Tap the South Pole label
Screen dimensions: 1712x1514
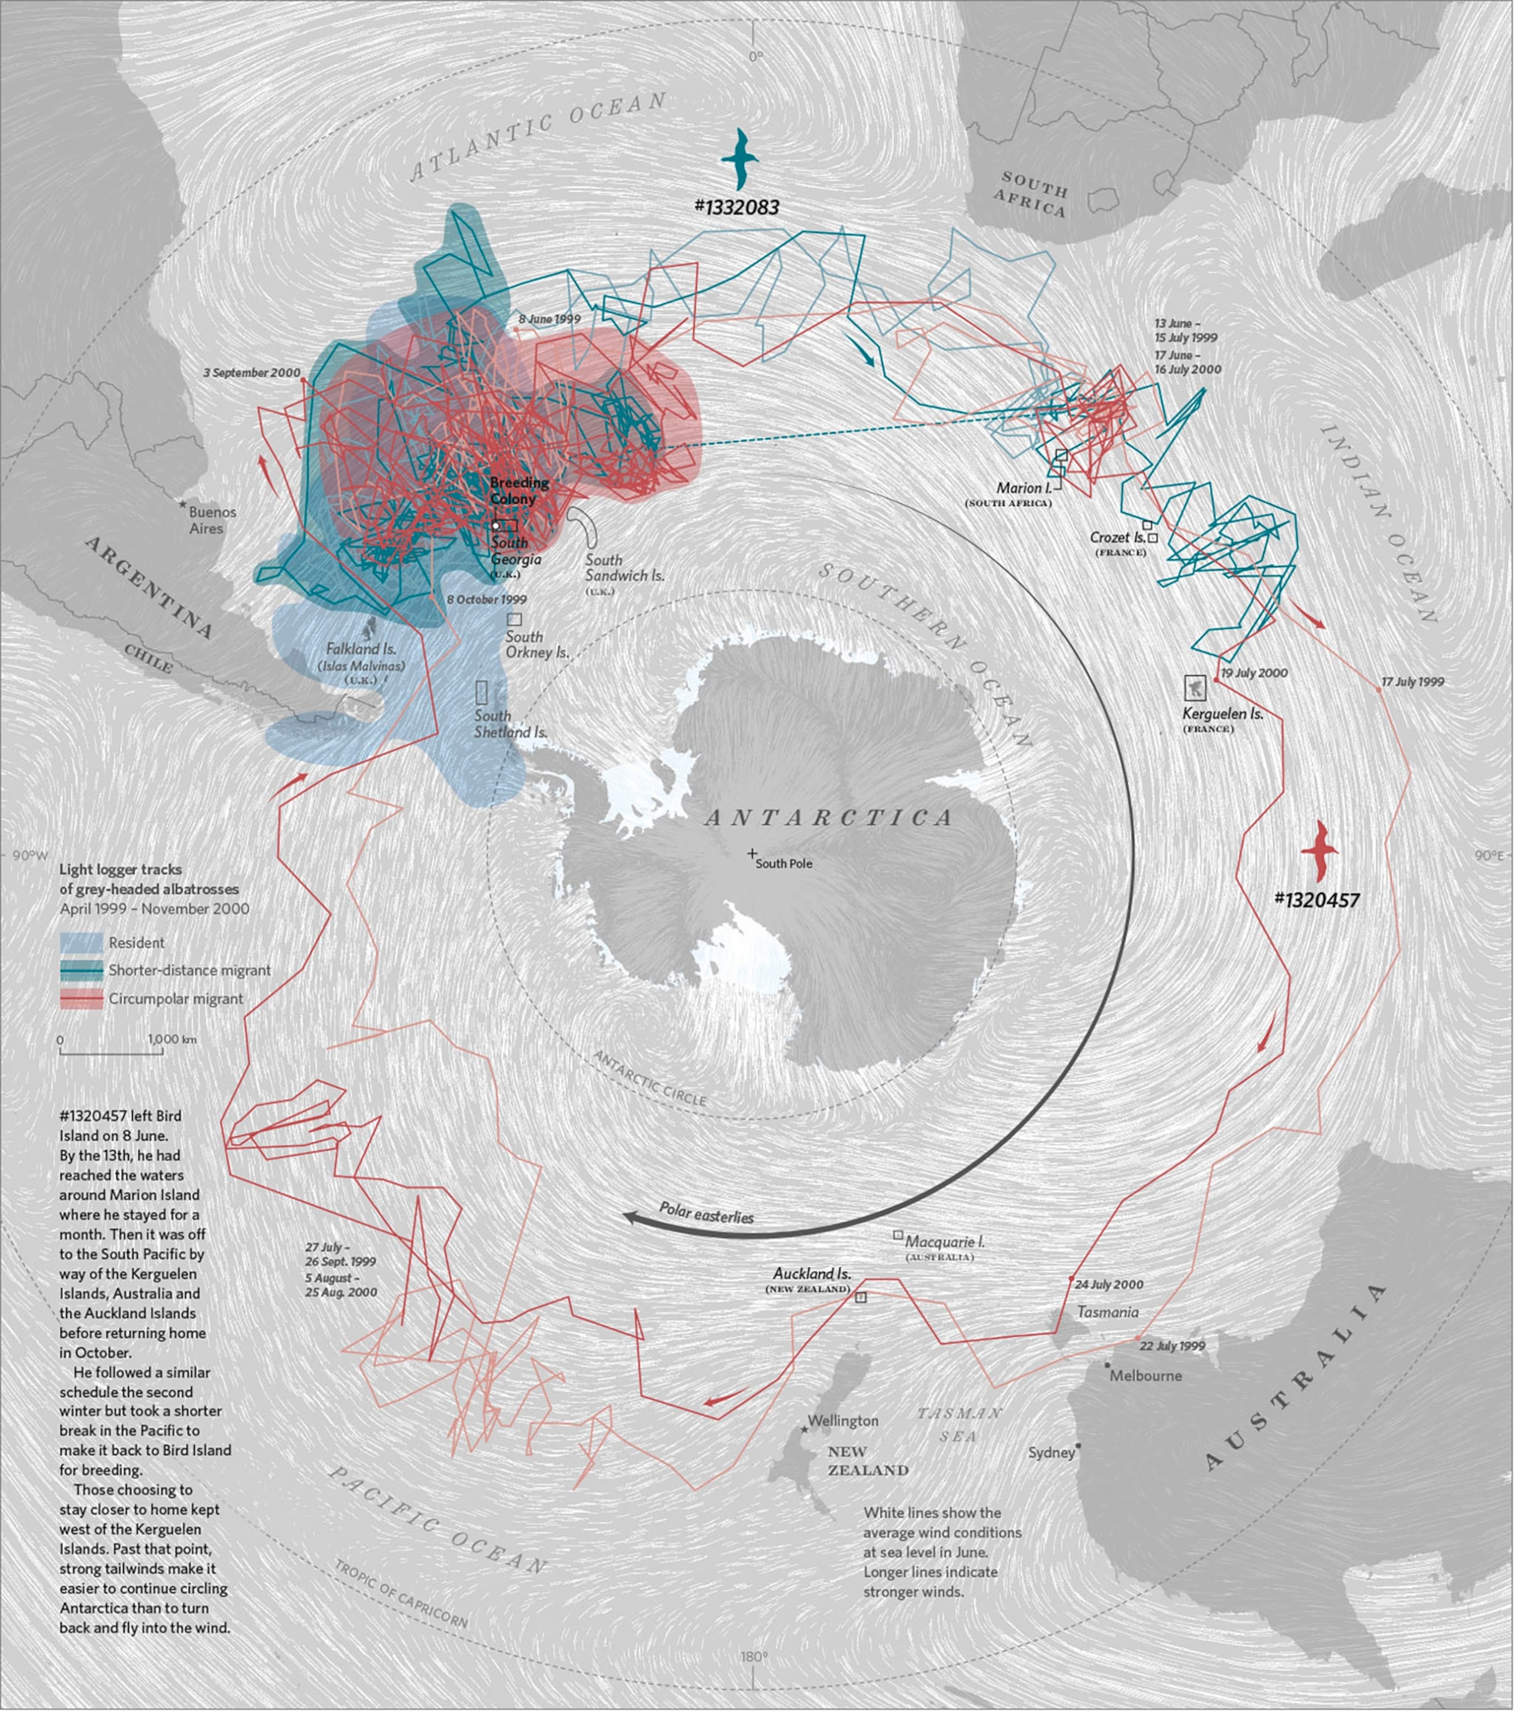click(783, 864)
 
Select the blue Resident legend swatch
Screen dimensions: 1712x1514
click(81, 942)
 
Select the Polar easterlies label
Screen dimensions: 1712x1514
click(706, 1213)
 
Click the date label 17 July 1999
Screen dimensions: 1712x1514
click(1412, 682)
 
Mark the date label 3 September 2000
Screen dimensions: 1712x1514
click(251, 373)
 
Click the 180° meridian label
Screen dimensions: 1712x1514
click(753, 1657)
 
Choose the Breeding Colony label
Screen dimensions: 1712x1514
click(519, 490)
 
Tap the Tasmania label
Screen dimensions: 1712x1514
click(1107, 1312)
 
